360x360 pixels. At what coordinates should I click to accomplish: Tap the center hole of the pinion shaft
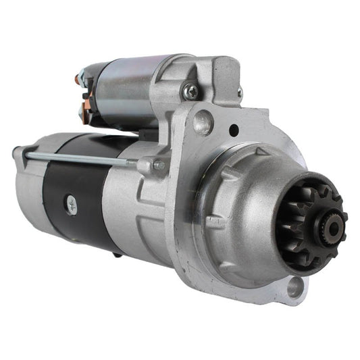pos(332,227)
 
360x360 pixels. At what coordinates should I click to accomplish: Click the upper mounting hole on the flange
pos(202,122)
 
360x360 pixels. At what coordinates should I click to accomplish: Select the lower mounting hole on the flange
pos(294,288)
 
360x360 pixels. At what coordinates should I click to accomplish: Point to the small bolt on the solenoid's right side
pos(240,93)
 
